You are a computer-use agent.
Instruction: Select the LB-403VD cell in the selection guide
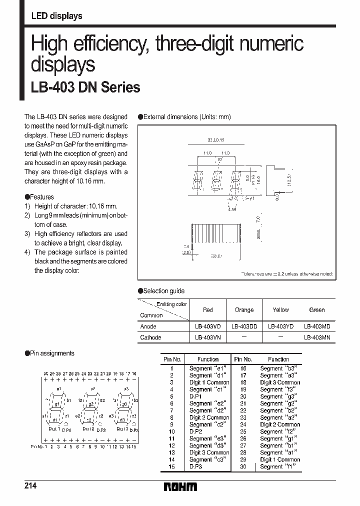(207, 326)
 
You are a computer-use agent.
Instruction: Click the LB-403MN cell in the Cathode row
(316, 337)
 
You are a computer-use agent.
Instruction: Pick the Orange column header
(244, 310)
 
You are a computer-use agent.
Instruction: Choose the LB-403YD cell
(280, 326)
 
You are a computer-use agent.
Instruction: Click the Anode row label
(148, 326)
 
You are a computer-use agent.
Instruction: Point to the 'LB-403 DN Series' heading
(85, 87)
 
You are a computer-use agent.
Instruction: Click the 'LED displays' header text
(56, 16)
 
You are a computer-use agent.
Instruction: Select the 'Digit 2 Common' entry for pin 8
(209, 417)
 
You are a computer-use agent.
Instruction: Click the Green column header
(316, 310)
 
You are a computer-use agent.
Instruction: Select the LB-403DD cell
(244, 326)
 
